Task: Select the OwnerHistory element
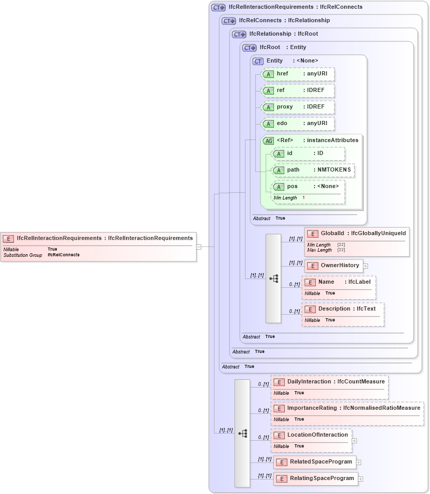click(334, 266)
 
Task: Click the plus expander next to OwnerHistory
click(365, 266)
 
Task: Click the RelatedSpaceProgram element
click(314, 462)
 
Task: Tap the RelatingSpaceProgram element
click(315, 478)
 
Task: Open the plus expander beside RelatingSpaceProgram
click(361, 479)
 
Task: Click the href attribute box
click(298, 74)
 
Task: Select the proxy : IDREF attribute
click(298, 107)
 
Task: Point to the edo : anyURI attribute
click(298, 124)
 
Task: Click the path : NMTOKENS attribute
click(313, 170)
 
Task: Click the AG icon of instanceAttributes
click(268, 141)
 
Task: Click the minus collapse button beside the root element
click(198, 246)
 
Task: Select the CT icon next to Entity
click(258, 61)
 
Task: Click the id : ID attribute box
click(308, 153)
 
